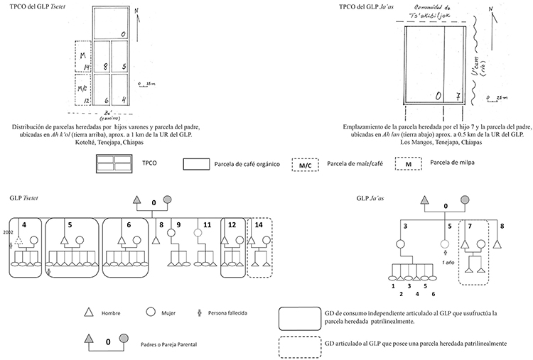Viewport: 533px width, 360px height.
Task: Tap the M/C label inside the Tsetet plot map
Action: coord(83,91)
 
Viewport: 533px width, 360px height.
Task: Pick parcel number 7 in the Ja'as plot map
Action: coord(458,95)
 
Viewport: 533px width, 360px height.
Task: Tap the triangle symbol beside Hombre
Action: coord(89,312)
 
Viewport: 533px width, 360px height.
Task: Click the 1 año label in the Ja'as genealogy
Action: coord(448,261)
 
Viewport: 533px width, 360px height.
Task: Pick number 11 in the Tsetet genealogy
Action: coord(208,225)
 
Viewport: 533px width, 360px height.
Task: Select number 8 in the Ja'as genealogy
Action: coord(504,227)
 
